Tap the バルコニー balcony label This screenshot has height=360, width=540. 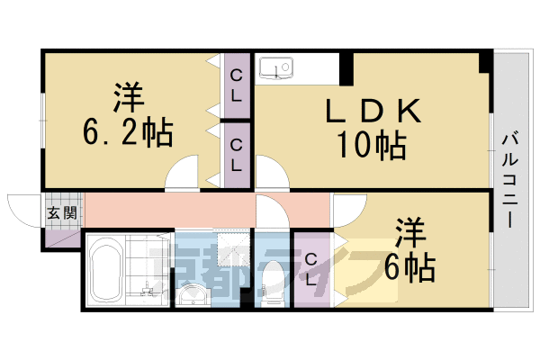(508, 180)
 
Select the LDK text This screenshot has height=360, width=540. (372, 112)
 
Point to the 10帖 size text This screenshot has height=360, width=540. (372, 144)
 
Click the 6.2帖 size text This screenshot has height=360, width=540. (128, 134)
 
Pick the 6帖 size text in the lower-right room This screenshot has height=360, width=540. (415, 265)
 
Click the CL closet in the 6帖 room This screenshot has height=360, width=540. (311, 269)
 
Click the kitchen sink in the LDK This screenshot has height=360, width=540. (274, 67)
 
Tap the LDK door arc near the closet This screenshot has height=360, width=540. (268, 173)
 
